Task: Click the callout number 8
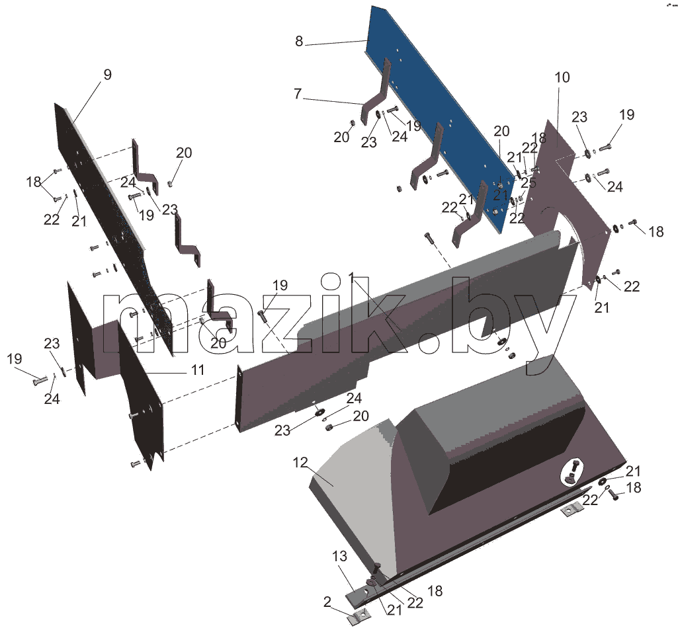[299, 42]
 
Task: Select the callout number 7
[298, 94]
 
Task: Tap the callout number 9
[107, 75]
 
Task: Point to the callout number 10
[562, 78]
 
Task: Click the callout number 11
[198, 370]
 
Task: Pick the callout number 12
[300, 463]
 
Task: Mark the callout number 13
[340, 556]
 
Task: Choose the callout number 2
[327, 602]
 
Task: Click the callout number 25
[529, 182]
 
